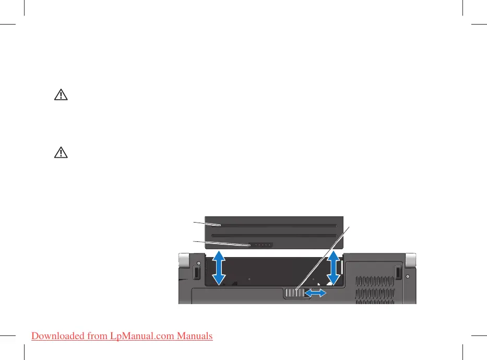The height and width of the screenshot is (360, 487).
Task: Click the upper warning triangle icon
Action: pos(62,95)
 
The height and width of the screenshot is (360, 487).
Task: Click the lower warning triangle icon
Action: pos(62,153)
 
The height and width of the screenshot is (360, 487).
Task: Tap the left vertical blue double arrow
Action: pos(220,268)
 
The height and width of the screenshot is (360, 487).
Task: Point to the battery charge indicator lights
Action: pos(260,245)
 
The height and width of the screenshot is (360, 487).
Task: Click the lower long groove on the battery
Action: pos(274,235)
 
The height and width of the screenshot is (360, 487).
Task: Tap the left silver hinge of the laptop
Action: pos(183,259)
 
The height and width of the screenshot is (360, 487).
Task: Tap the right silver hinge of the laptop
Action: pos(411,259)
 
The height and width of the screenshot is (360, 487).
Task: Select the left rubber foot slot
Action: pos(197,273)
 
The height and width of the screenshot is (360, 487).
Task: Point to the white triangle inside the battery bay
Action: pos(319,285)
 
